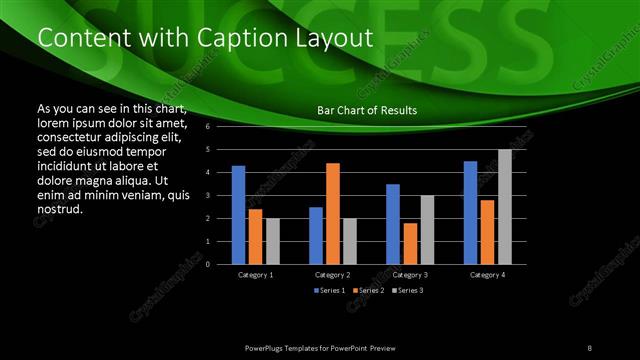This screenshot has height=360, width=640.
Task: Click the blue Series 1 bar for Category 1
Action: pos(238,215)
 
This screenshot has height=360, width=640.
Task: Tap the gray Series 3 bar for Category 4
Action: pos(505,207)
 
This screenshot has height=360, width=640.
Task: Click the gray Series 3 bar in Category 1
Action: pos(273,241)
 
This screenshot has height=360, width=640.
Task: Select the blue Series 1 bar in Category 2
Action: pos(316,235)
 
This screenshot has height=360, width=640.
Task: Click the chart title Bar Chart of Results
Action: pos(367,110)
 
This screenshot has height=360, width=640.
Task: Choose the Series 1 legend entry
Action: pos(332,290)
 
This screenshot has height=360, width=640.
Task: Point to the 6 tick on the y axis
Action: pos(207,127)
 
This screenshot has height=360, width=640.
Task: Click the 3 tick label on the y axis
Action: pos(207,196)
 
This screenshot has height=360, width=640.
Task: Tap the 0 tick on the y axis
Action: pos(207,264)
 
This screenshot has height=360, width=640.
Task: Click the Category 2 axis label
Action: pos(333,274)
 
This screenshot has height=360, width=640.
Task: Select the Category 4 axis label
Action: pos(487,274)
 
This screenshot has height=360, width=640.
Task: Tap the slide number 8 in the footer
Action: pos(590,346)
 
